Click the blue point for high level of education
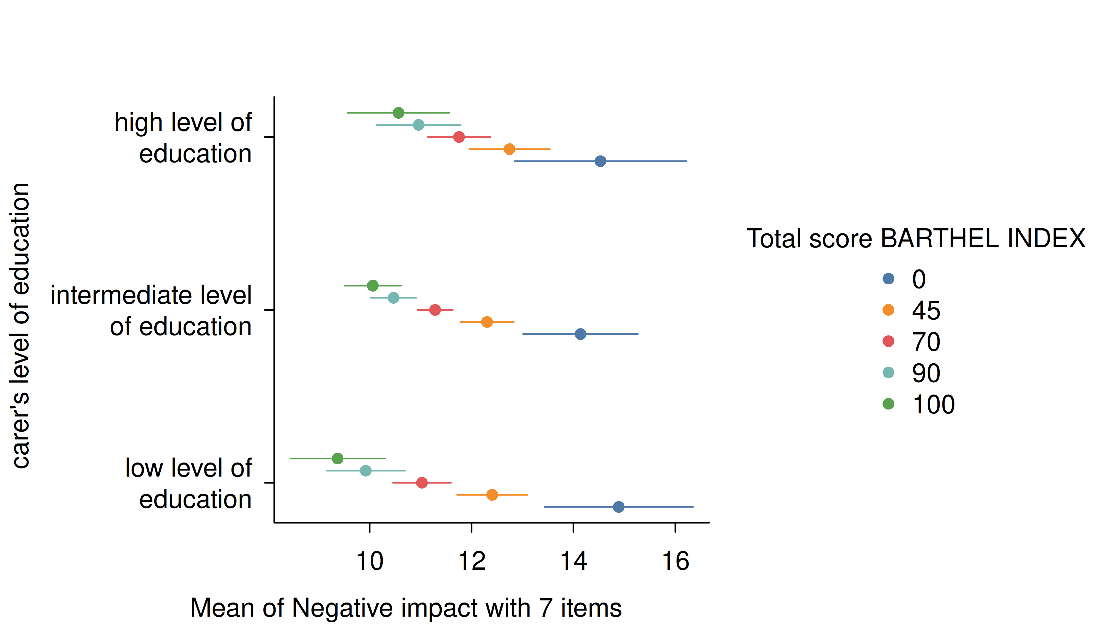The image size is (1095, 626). pyautogui.click(x=600, y=161)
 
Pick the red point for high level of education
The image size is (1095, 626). pyautogui.click(x=459, y=137)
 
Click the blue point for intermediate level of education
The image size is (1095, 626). pyautogui.click(x=580, y=334)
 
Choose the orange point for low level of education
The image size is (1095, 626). pyautogui.click(x=492, y=495)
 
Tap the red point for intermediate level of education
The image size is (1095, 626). pyautogui.click(x=435, y=310)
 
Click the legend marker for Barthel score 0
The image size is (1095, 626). pyautogui.click(x=888, y=279)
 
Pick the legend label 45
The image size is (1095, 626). pyautogui.click(x=926, y=310)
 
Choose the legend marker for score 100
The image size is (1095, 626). pyautogui.click(x=888, y=404)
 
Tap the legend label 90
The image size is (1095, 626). pyautogui.click(x=926, y=373)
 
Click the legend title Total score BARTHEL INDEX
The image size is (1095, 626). pyautogui.click(x=915, y=239)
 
